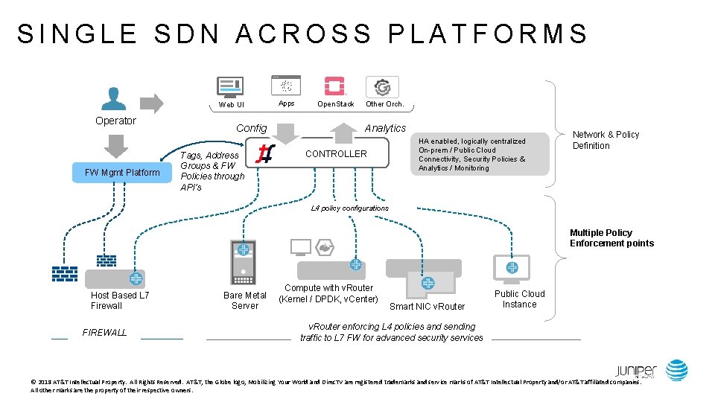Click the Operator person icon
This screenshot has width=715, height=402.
[113, 98]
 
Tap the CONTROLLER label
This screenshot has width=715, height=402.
[337, 154]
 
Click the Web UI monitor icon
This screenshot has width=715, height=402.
[229, 87]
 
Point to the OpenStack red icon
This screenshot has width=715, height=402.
[334, 86]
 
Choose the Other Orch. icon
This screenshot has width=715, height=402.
[383, 86]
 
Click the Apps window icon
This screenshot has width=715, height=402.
[286, 86]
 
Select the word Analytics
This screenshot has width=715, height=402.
[385, 128]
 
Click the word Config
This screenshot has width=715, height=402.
[251, 128]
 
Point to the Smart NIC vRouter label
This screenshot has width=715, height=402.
[427, 306]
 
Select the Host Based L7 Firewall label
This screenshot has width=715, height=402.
[120, 301]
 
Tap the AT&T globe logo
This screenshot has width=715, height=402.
[677, 370]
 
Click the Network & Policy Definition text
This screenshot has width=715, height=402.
[605, 140]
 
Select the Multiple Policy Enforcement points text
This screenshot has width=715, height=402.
[611, 238]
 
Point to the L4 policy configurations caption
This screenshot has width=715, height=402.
[349, 208]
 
